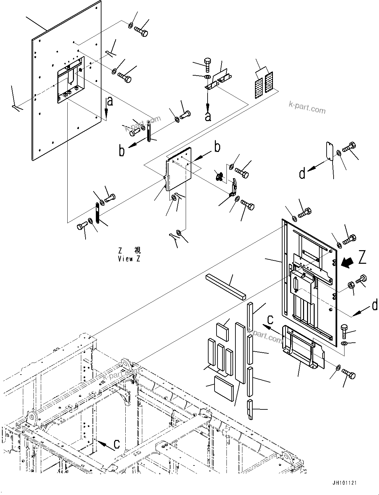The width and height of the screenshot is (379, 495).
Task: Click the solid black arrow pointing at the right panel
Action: pyautogui.click(x=348, y=263)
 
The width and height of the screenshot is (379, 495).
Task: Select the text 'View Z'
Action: pyautogui.click(x=129, y=259)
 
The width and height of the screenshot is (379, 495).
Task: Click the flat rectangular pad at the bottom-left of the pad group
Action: pyautogui.click(x=224, y=388)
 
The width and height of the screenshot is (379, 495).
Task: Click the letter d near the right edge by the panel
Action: pyautogui.click(x=375, y=306)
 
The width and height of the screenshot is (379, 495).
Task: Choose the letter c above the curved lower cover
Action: pyautogui.click(x=270, y=319)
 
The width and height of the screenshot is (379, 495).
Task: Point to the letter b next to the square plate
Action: pyautogui.click(x=217, y=147)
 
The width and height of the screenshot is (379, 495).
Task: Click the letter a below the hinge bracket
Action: pyautogui.click(x=208, y=117)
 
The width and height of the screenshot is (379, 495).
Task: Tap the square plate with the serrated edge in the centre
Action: pyautogui.click(x=179, y=169)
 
